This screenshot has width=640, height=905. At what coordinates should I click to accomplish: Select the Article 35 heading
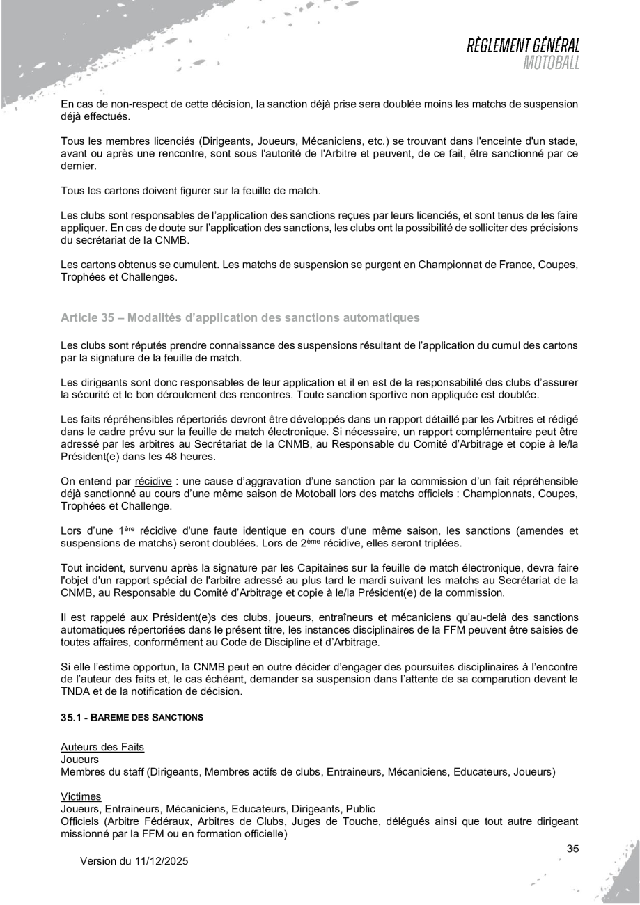tap(240, 318)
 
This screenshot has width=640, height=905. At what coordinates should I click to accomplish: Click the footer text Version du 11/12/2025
tap(134, 861)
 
